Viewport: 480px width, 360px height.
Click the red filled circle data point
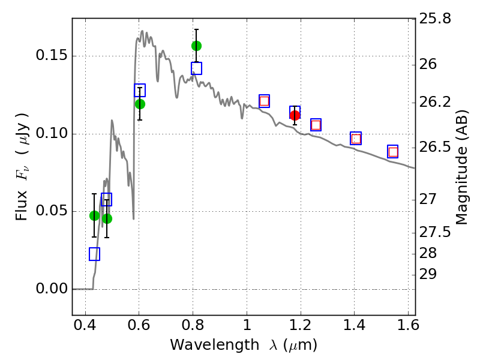pos(295,115)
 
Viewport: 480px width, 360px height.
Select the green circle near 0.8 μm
pos(196,46)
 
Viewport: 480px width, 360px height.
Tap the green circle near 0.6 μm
pos(140,104)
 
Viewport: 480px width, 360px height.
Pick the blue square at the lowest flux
pos(94,254)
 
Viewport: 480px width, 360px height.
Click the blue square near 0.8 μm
pos(196,68)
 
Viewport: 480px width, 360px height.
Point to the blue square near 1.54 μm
pos(393,151)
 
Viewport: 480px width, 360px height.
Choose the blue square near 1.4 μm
pos(356,138)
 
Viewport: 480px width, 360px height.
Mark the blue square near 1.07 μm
pos(264,101)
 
